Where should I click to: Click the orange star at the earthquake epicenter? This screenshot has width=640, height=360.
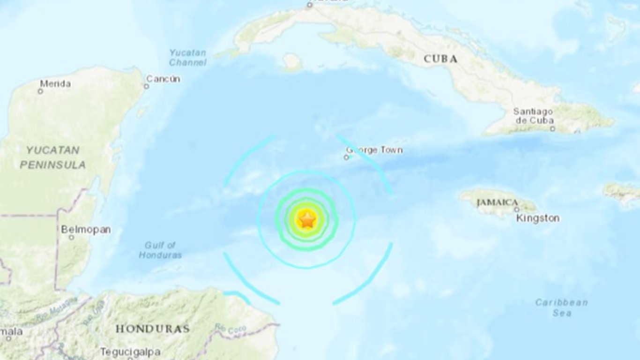(x=307, y=219)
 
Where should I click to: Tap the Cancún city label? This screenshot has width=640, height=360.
(x=164, y=79)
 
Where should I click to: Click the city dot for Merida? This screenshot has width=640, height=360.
(x=40, y=91)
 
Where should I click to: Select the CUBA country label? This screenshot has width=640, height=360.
(x=440, y=59)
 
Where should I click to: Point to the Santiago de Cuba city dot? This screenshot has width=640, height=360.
(x=552, y=128)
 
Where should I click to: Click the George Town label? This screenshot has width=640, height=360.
(x=374, y=150)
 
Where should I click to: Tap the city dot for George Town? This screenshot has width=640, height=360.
(x=346, y=157)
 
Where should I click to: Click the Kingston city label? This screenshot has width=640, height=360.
(x=537, y=218)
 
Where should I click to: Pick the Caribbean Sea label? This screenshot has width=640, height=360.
(x=561, y=307)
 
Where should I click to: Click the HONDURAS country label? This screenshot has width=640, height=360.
(x=152, y=329)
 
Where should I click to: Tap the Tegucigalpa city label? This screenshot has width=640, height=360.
(x=130, y=352)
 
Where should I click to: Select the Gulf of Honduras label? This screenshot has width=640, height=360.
(x=160, y=250)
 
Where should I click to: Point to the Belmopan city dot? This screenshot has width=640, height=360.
(x=71, y=238)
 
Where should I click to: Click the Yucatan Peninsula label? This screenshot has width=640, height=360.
(x=52, y=157)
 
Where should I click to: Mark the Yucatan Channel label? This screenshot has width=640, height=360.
(x=187, y=57)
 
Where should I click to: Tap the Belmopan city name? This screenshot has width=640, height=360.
(x=86, y=229)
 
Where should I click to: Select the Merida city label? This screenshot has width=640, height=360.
(x=55, y=84)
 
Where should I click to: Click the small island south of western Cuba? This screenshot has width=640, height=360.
(x=292, y=63)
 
